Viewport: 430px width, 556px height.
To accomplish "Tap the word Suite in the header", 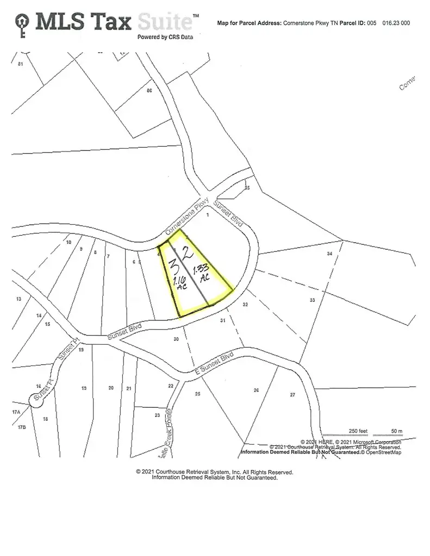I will [165, 22].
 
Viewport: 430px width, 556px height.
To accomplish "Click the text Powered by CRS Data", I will [165, 37].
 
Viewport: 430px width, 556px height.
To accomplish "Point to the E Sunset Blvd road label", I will [214, 363].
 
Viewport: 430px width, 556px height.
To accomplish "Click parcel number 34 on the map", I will [329, 254].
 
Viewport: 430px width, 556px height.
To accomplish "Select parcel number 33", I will [312, 300].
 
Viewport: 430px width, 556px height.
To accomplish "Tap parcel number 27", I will [292, 394].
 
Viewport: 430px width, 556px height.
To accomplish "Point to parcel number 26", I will [256, 390].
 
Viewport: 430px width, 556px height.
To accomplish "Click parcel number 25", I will [197, 393].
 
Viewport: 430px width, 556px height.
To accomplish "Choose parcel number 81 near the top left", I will [21, 64].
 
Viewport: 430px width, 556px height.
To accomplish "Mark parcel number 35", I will [247, 188].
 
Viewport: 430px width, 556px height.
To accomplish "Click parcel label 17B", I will [22, 427].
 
